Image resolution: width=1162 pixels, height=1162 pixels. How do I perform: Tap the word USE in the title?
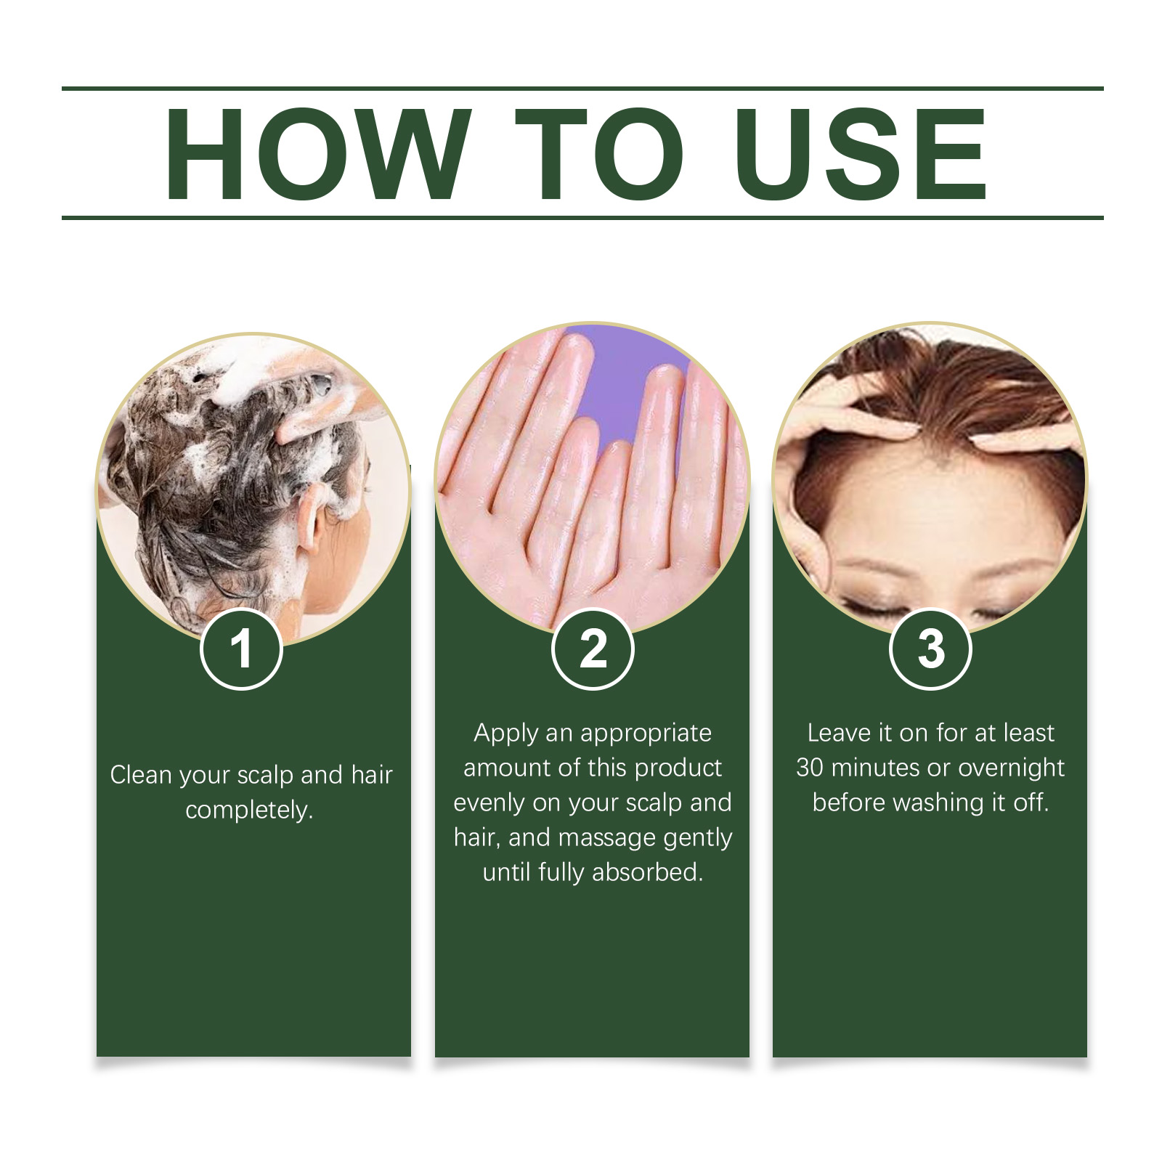(x=861, y=154)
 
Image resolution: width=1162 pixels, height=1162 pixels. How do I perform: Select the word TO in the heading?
(x=599, y=154)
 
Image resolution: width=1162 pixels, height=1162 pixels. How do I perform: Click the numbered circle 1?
(x=241, y=649)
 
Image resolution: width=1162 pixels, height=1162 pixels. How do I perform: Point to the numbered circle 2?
(x=593, y=649)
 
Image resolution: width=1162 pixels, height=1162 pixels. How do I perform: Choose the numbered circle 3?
(x=930, y=649)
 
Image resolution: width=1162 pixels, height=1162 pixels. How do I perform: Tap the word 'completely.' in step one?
(x=249, y=810)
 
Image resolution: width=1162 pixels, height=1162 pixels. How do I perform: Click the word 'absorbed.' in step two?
(x=648, y=871)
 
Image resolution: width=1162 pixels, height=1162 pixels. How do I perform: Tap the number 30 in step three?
(x=810, y=768)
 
